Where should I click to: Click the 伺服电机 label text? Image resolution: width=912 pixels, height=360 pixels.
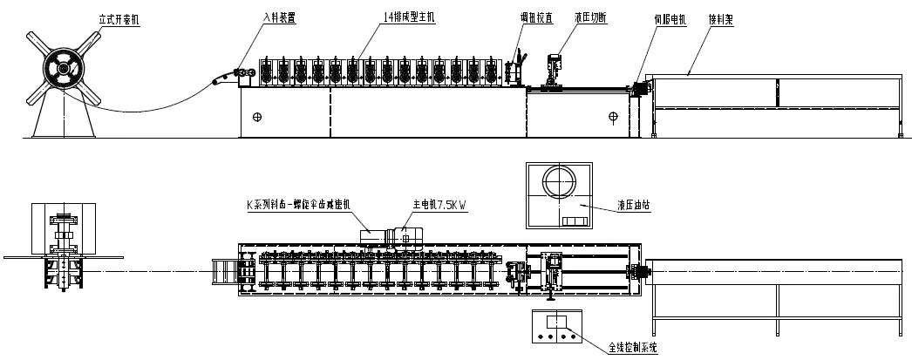coord(670,17)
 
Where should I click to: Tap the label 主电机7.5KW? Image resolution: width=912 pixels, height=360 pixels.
coord(439,206)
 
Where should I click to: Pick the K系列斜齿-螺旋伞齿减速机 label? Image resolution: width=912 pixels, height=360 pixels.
coord(299,206)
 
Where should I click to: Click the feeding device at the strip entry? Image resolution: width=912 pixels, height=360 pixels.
coord(237,78)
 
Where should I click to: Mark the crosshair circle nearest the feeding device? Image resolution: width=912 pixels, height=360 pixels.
coord(257,116)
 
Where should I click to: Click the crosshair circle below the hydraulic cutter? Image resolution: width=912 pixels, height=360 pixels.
coord(613,116)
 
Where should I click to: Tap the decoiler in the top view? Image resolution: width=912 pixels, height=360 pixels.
coord(61,248)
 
